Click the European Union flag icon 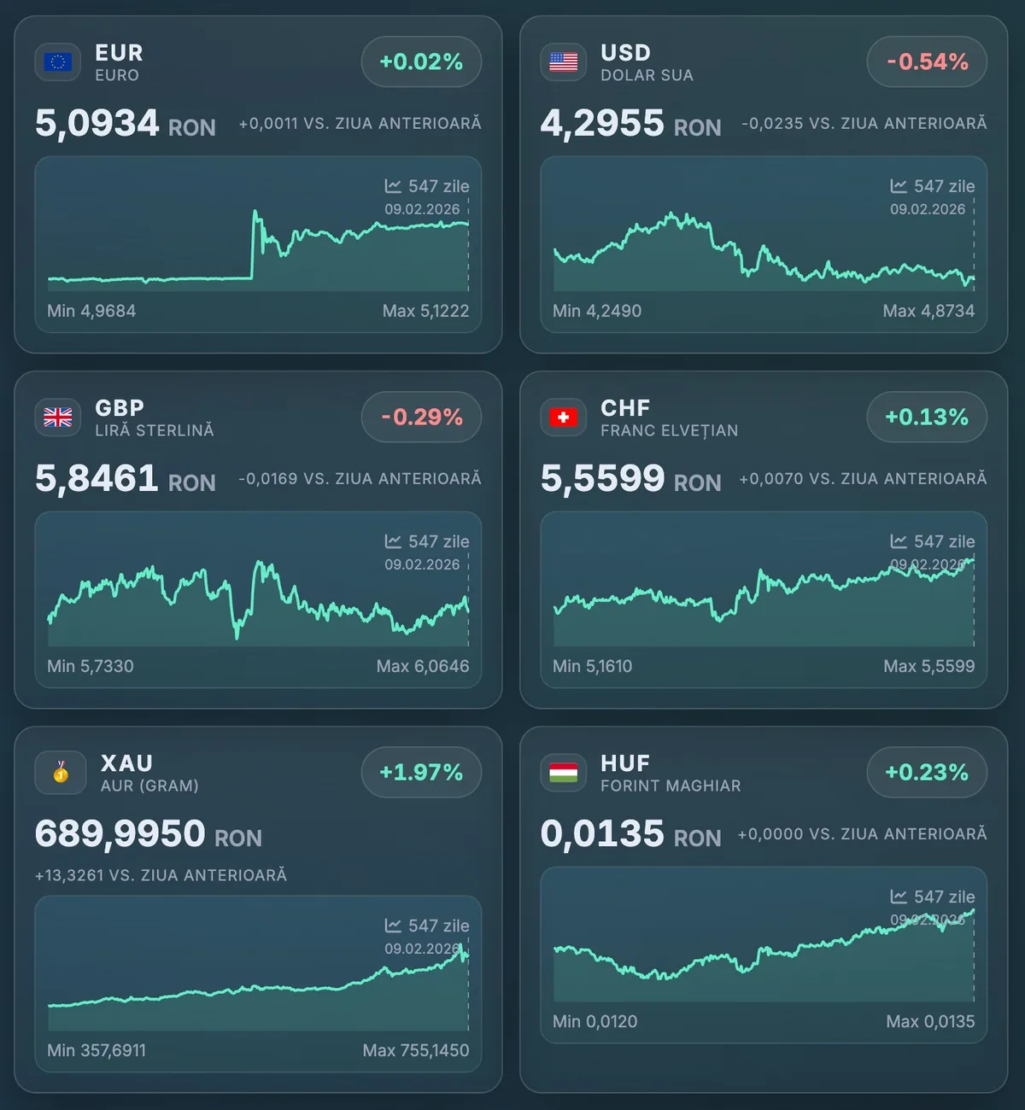pyautogui.click(x=57, y=62)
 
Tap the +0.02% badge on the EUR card pyautogui.click(x=421, y=61)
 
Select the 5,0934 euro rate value pyautogui.click(x=97, y=124)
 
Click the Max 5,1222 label pyautogui.click(x=425, y=311)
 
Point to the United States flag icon pyautogui.click(x=563, y=62)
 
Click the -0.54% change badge pyautogui.click(x=927, y=61)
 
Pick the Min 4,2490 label pyautogui.click(x=597, y=311)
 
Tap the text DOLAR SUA pyautogui.click(x=647, y=75)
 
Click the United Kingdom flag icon pyautogui.click(x=57, y=418)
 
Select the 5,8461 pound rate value pyautogui.click(x=97, y=479)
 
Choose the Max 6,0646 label pyautogui.click(x=423, y=666)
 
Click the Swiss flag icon pyautogui.click(x=563, y=418)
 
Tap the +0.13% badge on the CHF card pyautogui.click(x=927, y=417)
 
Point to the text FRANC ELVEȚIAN pyautogui.click(x=669, y=430)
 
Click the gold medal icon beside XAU pyautogui.click(x=61, y=773)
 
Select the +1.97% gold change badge pyautogui.click(x=421, y=772)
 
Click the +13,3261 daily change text pyautogui.click(x=161, y=875)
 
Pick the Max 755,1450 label pyautogui.click(x=416, y=1050)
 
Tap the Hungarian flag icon pyautogui.click(x=563, y=773)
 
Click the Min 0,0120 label pyautogui.click(x=594, y=1021)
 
